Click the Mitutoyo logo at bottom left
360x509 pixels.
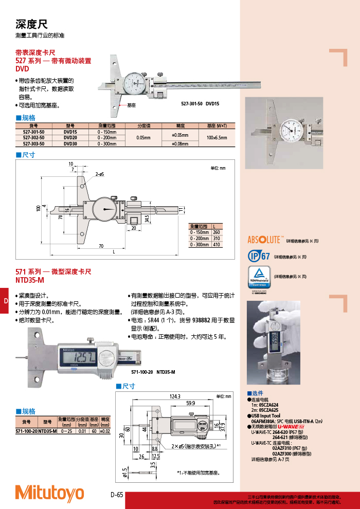tap(49, 493)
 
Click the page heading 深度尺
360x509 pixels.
tap(31, 24)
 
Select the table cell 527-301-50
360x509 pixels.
tap(33, 132)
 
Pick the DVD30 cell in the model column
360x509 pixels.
tap(70, 144)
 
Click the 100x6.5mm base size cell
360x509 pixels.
tap(216, 138)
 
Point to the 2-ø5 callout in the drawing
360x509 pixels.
tap(99, 175)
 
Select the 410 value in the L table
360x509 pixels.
tap(216, 245)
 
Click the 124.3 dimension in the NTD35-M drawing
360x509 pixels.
tap(174, 396)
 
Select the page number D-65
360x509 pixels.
tap(117, 495)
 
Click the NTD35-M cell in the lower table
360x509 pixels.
tap(48, 431)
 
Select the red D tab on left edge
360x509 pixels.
tap(4, 300)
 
